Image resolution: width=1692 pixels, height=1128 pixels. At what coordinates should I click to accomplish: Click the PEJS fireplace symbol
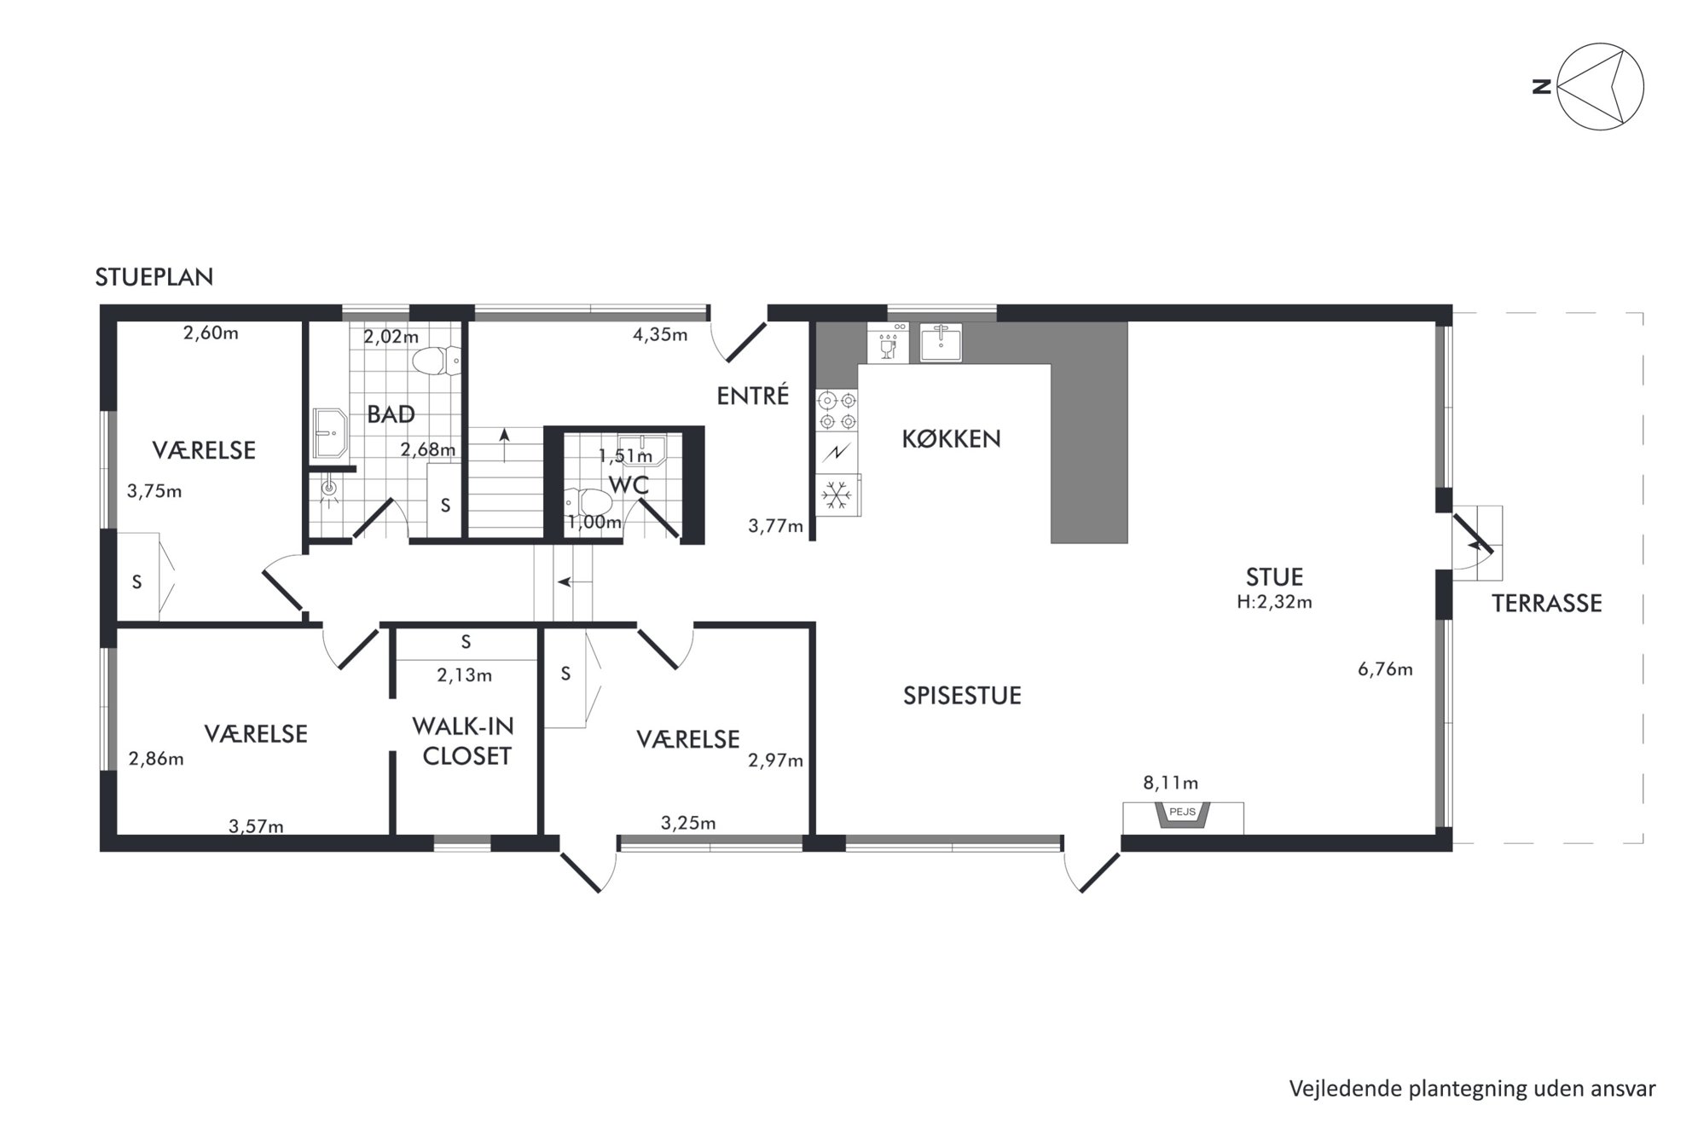click(1182, 815)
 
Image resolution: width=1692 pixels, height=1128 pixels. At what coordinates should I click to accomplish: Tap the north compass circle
click(1600, 86)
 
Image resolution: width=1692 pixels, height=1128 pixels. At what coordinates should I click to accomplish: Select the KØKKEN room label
click(951, 438)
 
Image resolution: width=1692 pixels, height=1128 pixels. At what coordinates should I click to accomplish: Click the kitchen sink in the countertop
click(941, 343)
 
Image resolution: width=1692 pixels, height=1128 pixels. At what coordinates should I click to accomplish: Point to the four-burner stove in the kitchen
click(837, 410)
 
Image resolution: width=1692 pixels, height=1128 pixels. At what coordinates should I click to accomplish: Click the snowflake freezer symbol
click(837, 495)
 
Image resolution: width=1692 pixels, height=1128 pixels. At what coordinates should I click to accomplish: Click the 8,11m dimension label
click(1170, 783)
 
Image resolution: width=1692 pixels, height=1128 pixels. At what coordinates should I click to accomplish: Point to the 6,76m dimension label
click(1385, 669)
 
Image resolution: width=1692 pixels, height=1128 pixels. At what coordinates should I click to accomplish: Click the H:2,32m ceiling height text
click(1274, 602)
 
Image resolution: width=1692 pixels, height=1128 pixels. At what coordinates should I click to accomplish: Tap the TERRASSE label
click(1546, 604)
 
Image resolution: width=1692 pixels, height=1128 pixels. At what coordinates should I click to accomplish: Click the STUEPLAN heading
click(154, 277)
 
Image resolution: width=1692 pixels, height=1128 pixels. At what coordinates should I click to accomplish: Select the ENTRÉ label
click(753, 396)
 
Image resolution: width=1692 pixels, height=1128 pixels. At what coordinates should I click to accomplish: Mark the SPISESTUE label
click(962, 696)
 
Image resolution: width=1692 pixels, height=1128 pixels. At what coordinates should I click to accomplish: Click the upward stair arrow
click(505, 446)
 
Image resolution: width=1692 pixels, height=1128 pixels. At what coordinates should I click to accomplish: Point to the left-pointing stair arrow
click(575, 582)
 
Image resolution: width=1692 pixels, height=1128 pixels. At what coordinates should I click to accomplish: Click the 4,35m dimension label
click(660, 335)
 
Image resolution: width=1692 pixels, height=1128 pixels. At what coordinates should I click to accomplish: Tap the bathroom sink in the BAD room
click(329, 433)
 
